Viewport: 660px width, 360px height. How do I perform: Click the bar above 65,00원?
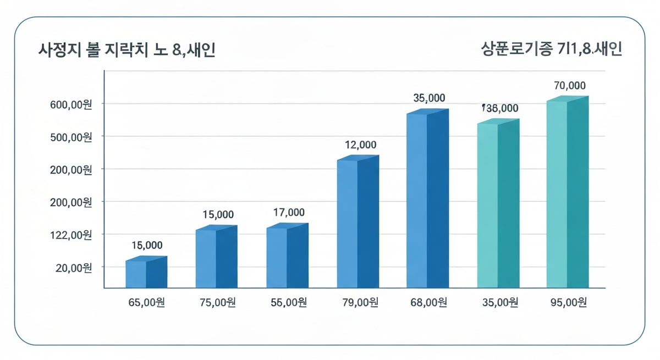(x=146, y=273)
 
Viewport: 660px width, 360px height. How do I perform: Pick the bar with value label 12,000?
(x=358, y=222)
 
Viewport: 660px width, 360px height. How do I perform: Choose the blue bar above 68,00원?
(x=427, y=199)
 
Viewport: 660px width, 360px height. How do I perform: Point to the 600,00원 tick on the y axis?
(x=73, y=104)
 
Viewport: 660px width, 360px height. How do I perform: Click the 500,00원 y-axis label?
(x=73, y=137)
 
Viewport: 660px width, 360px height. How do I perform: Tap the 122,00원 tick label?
(x=73, y=235)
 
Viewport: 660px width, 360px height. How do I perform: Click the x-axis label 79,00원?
(x=359, y=303)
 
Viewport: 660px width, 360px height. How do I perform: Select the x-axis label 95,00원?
(x=567, y=303)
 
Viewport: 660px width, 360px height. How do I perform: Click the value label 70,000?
(x=569, y=86)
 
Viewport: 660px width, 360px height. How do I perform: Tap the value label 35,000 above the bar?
(x=429, y=98)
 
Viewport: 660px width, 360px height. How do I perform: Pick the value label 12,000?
(x=360, y=145)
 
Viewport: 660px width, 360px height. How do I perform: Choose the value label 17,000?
(x=289, y=213)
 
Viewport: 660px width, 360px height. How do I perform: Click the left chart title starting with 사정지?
(x=127, y=50)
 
